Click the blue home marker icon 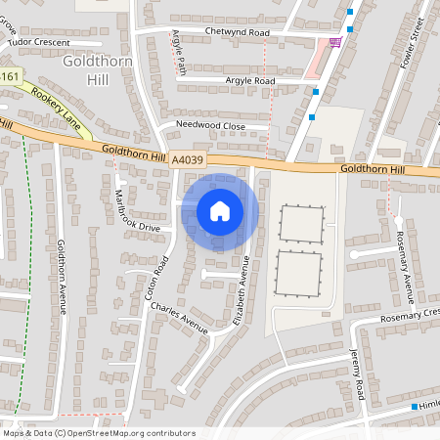(220, 211)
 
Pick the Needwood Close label (210, 126)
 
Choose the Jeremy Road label (359, 376)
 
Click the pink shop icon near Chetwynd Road (336, 42)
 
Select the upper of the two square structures (300, 225)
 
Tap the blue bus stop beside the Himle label (415, 407)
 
